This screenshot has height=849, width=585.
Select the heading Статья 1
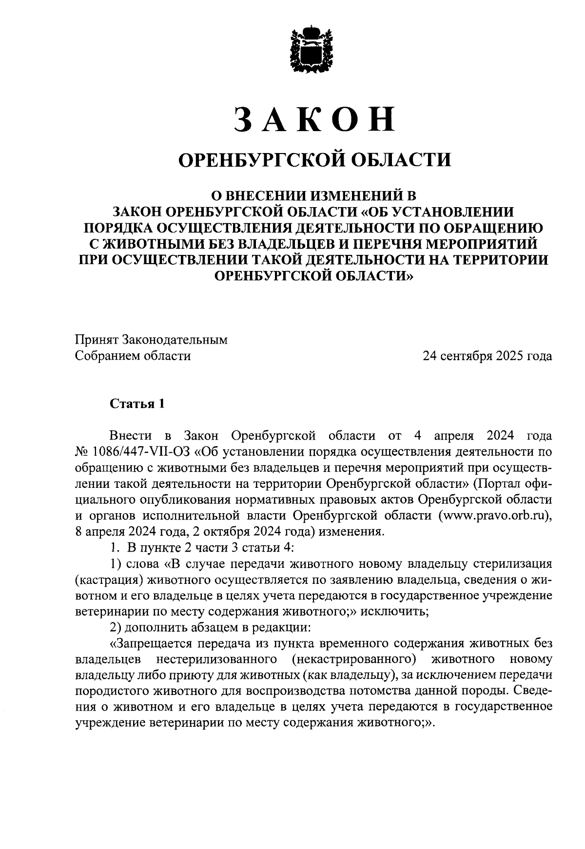pyautogui.click(x=137, y=404)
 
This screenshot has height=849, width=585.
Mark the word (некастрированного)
pyautogui.click(x=355, y=660)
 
